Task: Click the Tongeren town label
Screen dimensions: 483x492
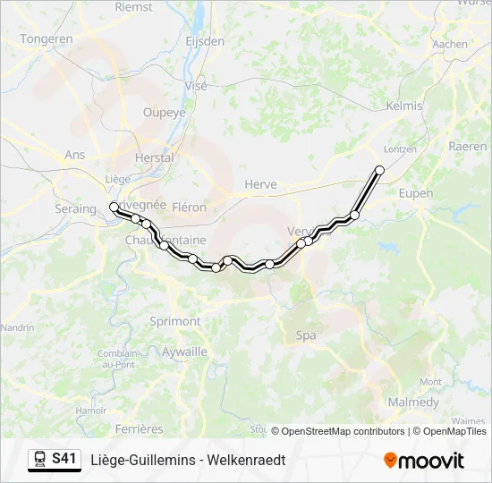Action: pos(46,39)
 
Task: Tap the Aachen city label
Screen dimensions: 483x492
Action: pos(449,43)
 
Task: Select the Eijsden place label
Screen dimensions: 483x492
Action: pos(204,41)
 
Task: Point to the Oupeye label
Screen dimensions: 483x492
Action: pos(165,113)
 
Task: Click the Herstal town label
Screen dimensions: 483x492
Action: pos(154,157)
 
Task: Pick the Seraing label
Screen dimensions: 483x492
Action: pos(76,208)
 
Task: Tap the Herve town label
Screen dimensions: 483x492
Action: pos(260,184)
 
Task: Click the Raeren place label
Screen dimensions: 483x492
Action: pos(468,146)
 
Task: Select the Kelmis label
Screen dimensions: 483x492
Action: pos(403,106)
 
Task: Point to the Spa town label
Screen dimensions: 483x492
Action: pos(305,335)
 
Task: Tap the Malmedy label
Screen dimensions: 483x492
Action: pos(413,402)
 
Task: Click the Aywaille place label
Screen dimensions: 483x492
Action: pos(185,352)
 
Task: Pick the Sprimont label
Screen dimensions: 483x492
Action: pos(174,321)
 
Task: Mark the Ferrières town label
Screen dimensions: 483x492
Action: pos(139,429)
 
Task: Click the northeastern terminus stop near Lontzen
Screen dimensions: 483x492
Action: pos(380,170)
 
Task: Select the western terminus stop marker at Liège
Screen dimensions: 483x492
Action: pos(114,207)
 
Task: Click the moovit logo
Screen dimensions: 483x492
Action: pos(424,461)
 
